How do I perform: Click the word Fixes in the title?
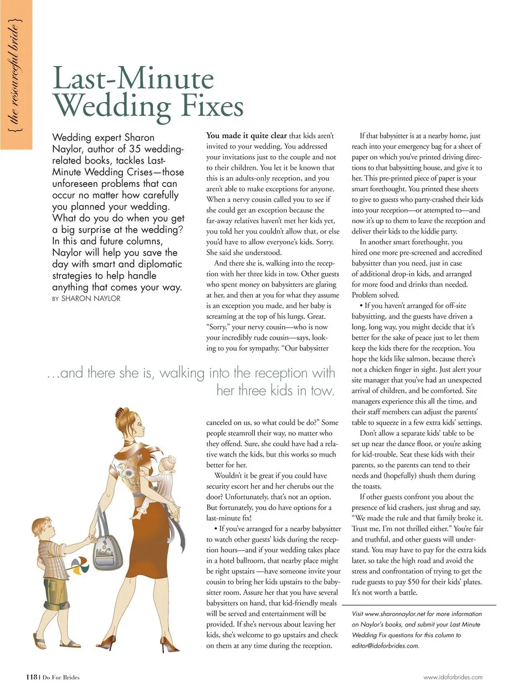212,106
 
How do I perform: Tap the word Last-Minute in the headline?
133,78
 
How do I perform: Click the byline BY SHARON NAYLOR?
86,298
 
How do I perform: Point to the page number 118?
31,677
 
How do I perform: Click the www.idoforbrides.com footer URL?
453,677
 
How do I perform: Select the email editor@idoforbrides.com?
385,646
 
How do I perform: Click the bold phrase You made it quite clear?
246,135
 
